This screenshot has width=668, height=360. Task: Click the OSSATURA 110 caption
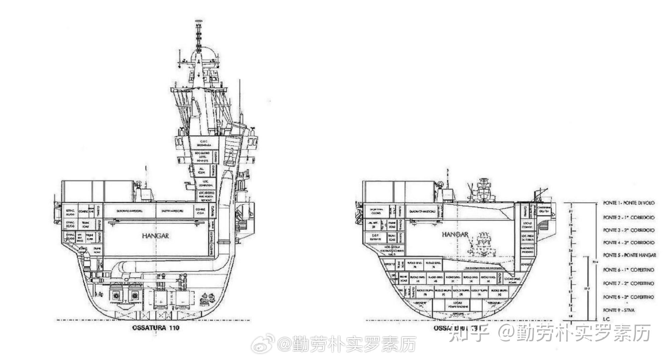point(156,328)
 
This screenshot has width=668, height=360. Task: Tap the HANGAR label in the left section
point(155,236)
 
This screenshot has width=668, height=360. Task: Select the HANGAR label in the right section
point(455,234)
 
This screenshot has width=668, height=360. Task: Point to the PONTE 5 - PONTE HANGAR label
point(629,255)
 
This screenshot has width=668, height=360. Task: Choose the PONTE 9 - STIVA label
point(619,310)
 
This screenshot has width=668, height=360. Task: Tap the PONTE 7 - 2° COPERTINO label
point(628,284)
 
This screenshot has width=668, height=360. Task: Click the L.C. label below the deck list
point(606,319)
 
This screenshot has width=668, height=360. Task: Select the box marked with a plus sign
point(161,301)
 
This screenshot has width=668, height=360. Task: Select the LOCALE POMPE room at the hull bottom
point(457,305)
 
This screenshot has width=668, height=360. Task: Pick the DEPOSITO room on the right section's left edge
point(389,264)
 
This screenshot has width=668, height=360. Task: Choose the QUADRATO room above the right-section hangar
point(420,211)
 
